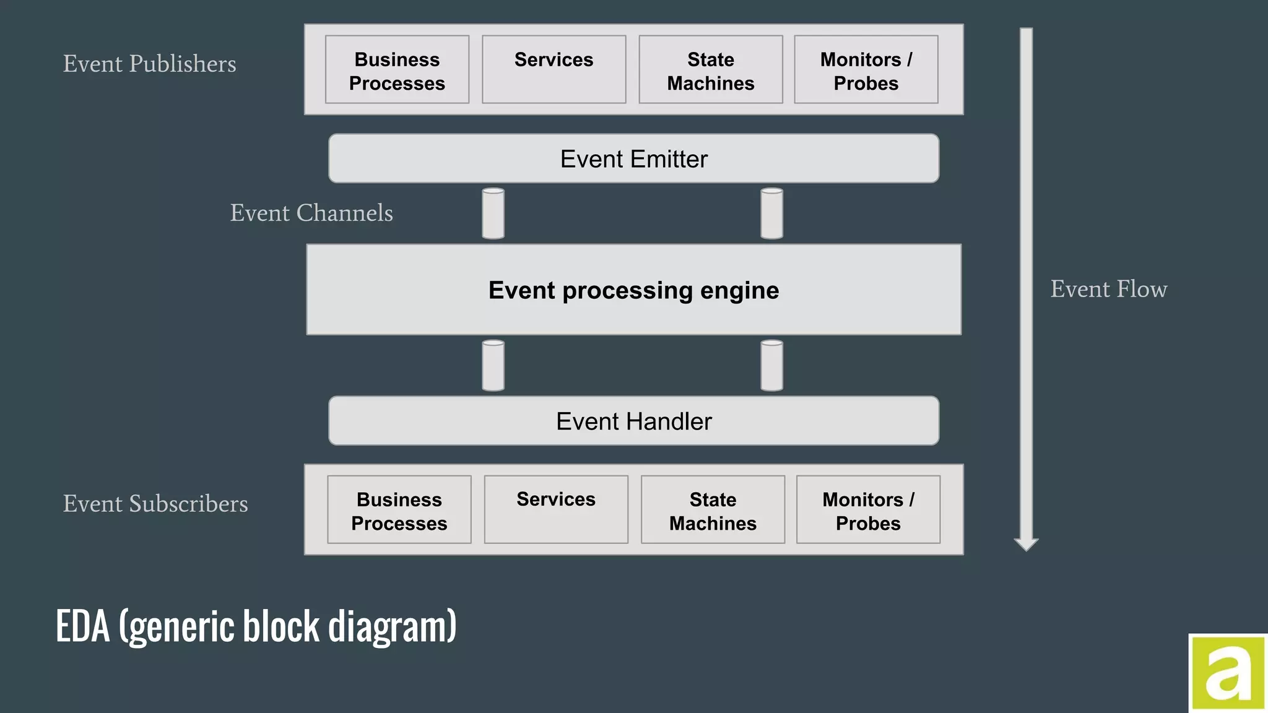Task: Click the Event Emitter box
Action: click(x=633, y=158)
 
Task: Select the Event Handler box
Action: click(x=633, y=421)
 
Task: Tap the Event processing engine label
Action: click(x=633, y=290)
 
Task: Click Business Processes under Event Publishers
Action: click(x=397, y=70)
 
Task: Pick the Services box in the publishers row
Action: click(x=554, y=69)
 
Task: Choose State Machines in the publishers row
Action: click(x=711, y=70)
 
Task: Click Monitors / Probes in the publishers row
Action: click(x=866, y=70)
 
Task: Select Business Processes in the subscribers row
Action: click(x=399, y=510)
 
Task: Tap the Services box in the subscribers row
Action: click(x=556, y=509)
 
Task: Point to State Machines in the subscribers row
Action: click(x=713, y=510)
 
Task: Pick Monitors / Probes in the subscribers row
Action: click(x=868, y=510)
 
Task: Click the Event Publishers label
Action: click(x=149, y=64)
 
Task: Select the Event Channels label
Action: click(x=311, y=213)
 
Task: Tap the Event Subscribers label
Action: click(x=155, y=504)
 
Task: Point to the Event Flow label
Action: click(x=1109, y=289)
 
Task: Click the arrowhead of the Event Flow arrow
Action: click(x=1026, y=544)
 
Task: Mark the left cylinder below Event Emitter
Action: click(x=493, y=214)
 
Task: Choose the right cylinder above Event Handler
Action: click(x=771, y=366)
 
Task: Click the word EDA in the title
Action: click(x=82, y=626)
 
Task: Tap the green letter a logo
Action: click(x=1228, y=672)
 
